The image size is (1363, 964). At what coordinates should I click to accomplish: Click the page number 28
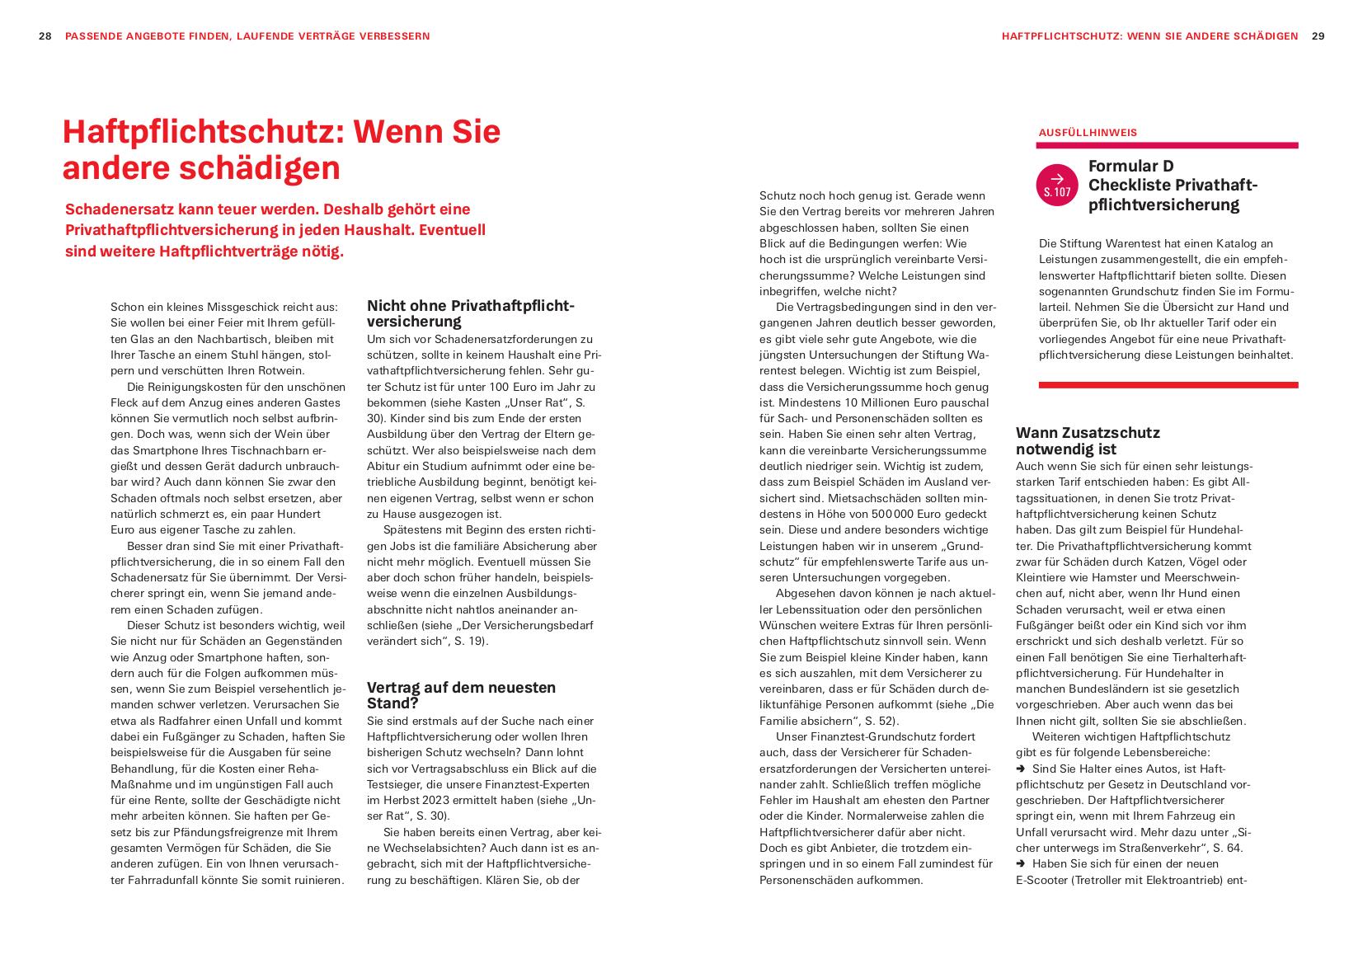point(45,36)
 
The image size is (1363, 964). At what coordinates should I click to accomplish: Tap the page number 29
point(1318,36)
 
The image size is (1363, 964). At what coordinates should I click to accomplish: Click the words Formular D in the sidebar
point(1130,167)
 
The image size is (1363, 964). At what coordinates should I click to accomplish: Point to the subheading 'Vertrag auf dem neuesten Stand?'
point(460,695)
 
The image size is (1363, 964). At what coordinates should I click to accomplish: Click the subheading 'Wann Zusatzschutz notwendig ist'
point(1087,441)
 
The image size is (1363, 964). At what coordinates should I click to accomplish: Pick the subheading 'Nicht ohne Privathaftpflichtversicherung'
point(470,313)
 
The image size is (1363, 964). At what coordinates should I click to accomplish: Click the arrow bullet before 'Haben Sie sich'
point(1021,864)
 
